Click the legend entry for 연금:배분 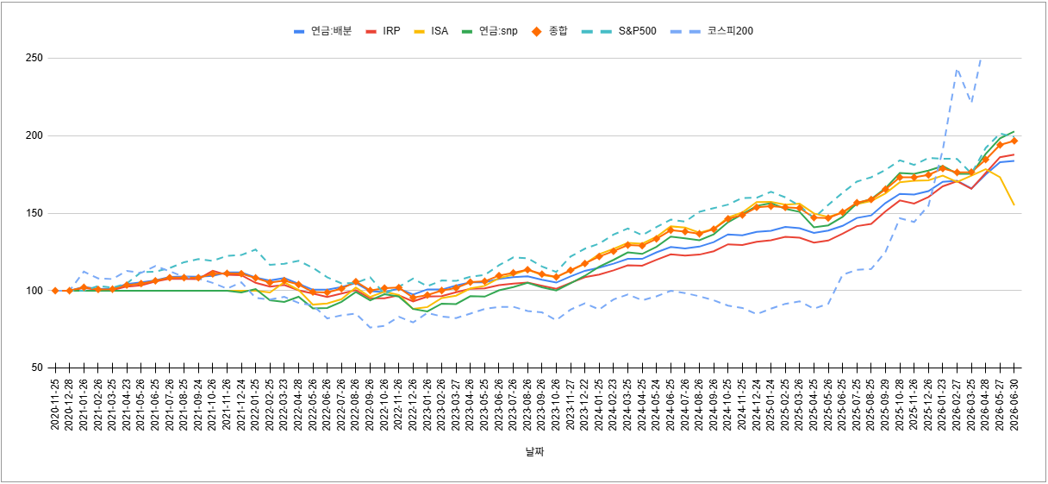(322, 31)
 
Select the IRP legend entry (383, 31)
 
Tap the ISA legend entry (431, 31)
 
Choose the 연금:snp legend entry (490, 31)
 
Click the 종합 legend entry (549, 31)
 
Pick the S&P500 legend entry (619, 31)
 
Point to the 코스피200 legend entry (712, 31)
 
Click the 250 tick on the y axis (34, 58)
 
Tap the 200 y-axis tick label (34, 135)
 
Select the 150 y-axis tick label (34, 213)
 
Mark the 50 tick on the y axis (37, 368)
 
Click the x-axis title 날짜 (534, 452)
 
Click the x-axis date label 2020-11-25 (55, 405)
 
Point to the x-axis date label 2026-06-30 (1014, 405)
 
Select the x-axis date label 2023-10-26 (556, 405)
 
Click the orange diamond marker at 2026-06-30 (1014, 141)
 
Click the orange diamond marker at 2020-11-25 (55, 291)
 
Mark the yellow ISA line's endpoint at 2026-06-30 (1014, 205)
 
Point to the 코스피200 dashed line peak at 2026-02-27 (958, 69)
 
